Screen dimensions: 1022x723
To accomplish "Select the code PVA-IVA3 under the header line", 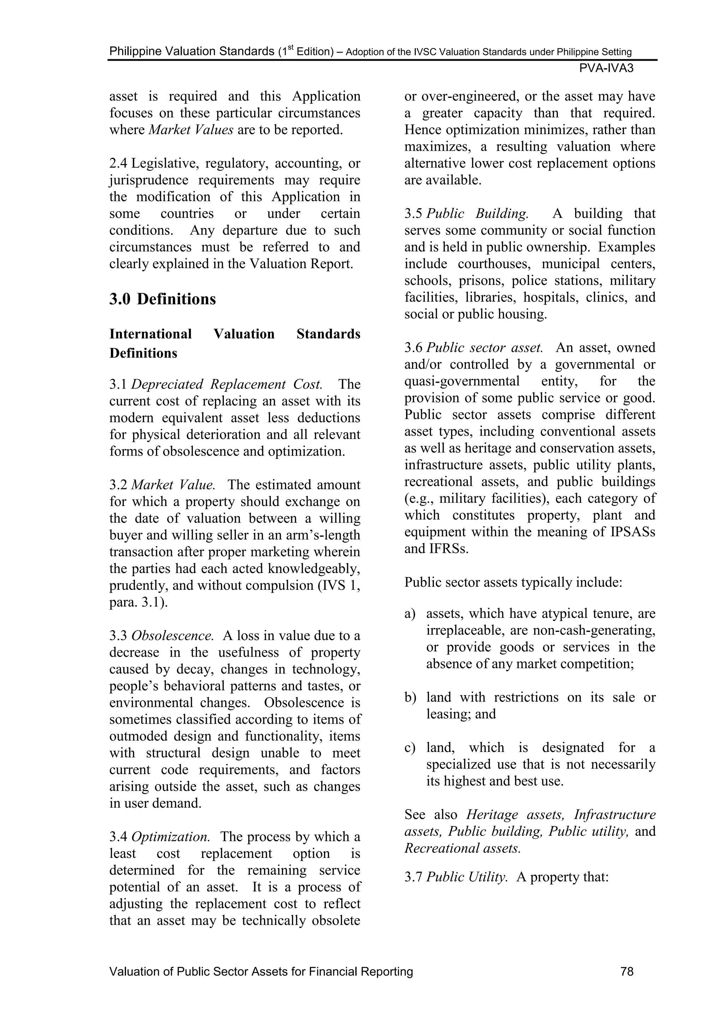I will pyautogui.click(x=607, y=68).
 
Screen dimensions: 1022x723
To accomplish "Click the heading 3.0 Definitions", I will pyautogui.click(x=162, y=299).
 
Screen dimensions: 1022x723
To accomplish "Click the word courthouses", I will pyautogui.click(x=494, y=264).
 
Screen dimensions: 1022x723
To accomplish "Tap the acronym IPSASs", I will pyautogui.click(x=633, y=532).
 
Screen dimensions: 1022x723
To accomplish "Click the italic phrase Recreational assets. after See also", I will pyautogui.click(x=462, y=848).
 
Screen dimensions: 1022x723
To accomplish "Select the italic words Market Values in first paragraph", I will pyautogui.click(x=191, y=130).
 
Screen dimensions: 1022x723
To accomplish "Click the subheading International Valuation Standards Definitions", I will pyautogui.click(x=235, y=343).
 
